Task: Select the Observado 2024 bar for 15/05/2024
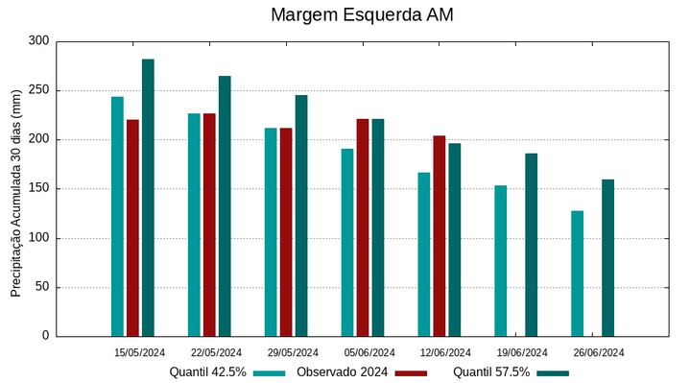click(x=132, y=227)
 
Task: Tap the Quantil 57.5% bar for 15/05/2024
click(x=148, y=198)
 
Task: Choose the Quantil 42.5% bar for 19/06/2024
click(x=501, y=261)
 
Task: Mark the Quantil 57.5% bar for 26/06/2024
click(x=608, y=257)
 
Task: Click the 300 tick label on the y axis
click(x=38, y=41)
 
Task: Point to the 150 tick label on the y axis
click(x=38, y=189)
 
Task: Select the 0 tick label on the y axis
click(x=44, y=336)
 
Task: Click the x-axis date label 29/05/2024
click(x=293, y=352)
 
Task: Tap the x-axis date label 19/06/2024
click(x=523, y=352)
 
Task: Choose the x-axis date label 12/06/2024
click(x=446, y=352)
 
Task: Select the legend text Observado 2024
click(x=343, y=372)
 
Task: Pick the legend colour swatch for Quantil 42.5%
click(x=271, y=372)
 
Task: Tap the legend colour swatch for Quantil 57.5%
click(x=553, y=372)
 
